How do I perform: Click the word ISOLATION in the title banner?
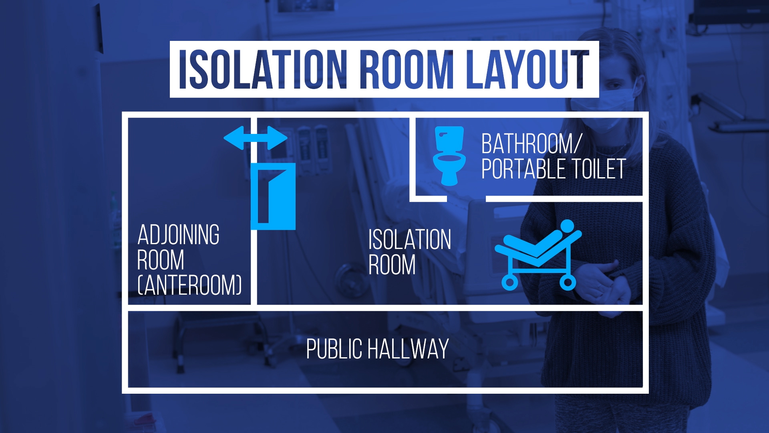pyautogui.click(x=263, y=69)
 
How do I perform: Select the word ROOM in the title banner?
pyautogui.click(x=407, y=69)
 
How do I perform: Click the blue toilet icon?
pyautogui.click(x=449, y=156)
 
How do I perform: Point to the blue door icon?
pyautogui.click(x=273, y=196)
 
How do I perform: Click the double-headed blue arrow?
pyautogui.click(x=256, y=138)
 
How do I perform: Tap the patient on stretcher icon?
pyautogui.click(x=538, y=255)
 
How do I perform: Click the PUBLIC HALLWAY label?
pyautogui.click(x=377, y=349)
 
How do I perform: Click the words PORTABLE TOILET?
pyautogui.click(x=554, y=169)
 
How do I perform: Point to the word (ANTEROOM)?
pyautogui.click(x=189, y=285)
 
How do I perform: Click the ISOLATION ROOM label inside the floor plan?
pyautogui.click(x=409, y=252)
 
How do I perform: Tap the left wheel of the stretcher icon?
pyautogui.click(x=509, y=282)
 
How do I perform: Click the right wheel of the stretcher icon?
pyautogui.click(x=568, y=282)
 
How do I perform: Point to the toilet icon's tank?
pyautogui.click(x=449, y=138)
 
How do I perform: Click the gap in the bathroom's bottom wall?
pyautogui.click(x=466, y=198)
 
